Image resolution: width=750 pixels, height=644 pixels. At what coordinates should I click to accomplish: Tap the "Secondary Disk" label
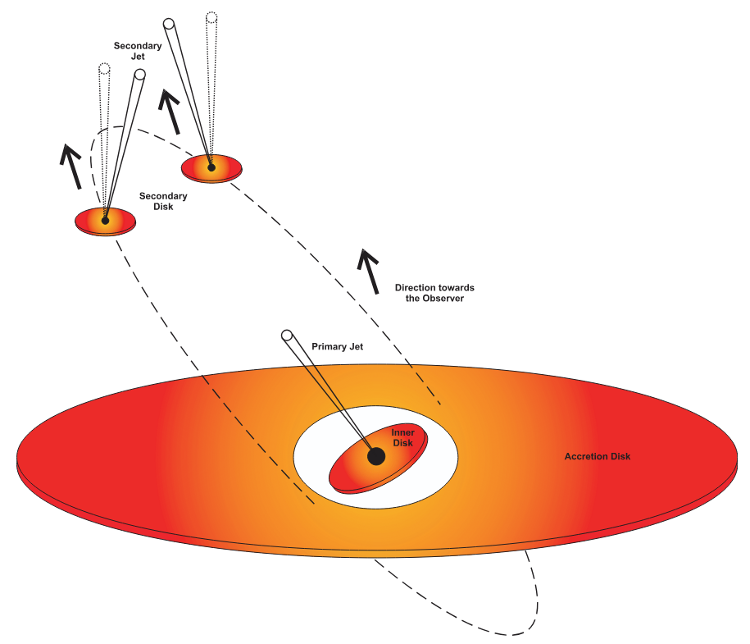click(163, 201)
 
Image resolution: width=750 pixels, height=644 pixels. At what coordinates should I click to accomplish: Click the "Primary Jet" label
click(337, 347)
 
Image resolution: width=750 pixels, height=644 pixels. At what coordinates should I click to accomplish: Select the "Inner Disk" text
click(402, 437)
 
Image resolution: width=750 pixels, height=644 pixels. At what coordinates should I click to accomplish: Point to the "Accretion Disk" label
click(598, 456)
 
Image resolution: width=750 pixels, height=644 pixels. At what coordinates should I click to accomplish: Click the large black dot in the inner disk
click(376, 456)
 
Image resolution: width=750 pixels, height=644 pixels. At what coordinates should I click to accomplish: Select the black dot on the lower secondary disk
click(105, 220)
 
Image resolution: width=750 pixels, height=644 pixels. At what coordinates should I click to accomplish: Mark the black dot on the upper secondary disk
click(211, 167)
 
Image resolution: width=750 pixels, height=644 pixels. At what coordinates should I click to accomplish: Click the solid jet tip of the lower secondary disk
click(139, 75)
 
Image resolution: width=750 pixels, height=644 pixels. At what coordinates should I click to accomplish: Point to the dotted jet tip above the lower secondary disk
click(104, 68)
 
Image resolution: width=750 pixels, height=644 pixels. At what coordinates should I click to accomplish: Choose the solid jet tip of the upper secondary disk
click(169, 23)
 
